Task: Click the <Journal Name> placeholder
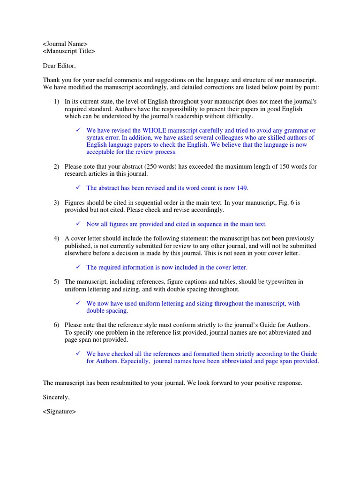pos(65,44)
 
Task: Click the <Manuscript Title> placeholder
pos(69,51)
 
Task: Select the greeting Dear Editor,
pos(59,66)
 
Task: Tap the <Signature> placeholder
pos(59,412)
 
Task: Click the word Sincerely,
pos(56,397)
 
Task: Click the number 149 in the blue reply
pos(242,188)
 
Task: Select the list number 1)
pos(56,101)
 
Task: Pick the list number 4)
pos(56,239)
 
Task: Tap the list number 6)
pos(56,325)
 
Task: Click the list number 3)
pos(56,202)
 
